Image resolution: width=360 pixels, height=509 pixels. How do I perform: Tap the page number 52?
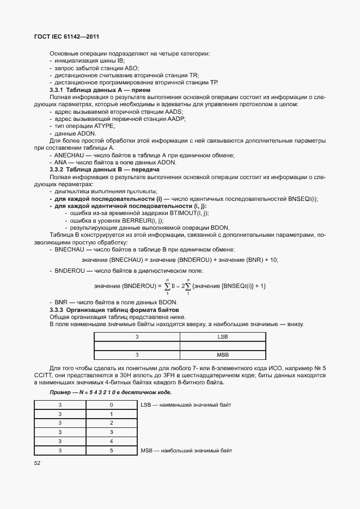click(38, 463)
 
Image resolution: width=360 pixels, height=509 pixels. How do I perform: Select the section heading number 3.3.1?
click(57, 89)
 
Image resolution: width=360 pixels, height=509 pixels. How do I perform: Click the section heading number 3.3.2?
click(57, 170)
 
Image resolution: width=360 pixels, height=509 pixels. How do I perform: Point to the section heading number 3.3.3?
click(57, 310)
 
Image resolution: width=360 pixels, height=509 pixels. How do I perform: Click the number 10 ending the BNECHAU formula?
click(273, 260)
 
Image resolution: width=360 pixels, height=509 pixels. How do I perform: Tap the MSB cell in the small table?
click(222, 355)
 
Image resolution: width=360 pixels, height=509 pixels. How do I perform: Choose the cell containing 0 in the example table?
click(111, 405)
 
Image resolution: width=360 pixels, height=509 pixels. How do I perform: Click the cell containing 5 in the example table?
click(111, 451)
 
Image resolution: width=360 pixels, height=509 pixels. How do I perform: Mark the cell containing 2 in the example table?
click(111, 423)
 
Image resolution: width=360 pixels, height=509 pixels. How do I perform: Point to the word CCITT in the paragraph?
click(43, 376)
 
